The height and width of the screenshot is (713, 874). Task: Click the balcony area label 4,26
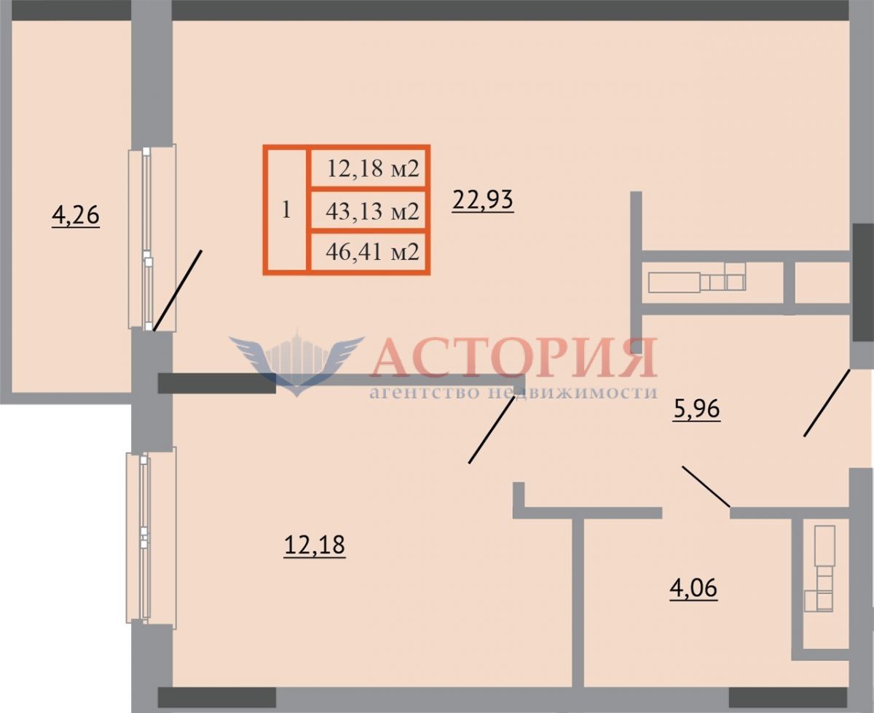[76, 216]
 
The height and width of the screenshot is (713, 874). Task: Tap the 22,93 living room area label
[483, 200]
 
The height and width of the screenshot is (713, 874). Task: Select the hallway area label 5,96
[696, 410]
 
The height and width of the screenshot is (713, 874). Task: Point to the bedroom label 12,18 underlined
[315, 545]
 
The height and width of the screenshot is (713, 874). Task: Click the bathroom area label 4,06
[693, 588]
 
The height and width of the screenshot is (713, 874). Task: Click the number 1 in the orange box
[286, 210]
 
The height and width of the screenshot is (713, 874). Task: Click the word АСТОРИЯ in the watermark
[513, 358]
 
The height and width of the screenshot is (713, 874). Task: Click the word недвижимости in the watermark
[572, 392]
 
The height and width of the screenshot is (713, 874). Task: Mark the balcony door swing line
[178, 291]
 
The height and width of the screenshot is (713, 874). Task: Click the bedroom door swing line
[492, 430]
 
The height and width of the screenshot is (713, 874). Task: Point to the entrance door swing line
[827, 403]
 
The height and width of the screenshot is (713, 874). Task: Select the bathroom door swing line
[706, 487]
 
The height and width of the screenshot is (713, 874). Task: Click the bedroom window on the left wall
[151, 537]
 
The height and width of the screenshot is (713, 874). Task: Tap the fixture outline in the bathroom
[819, 567]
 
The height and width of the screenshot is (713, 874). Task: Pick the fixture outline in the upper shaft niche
[696, 277]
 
